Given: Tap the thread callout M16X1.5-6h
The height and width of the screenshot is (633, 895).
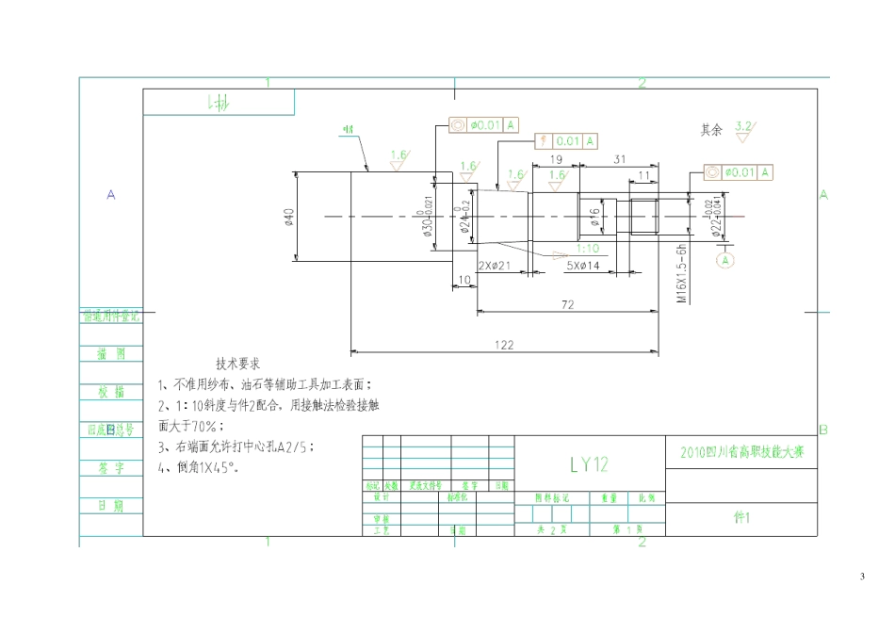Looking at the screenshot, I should (681, 273).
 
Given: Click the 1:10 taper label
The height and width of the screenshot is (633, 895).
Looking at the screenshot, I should (588, 249).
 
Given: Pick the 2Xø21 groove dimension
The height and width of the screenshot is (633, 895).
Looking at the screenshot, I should (495, 266).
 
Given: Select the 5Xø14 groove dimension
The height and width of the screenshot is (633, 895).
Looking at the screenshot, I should (584, 266).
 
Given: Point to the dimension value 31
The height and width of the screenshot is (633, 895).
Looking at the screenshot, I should (620, 159).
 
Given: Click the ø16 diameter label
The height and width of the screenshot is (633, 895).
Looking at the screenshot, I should (595, 218).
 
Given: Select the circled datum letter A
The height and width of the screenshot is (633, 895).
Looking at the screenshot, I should (725, 259).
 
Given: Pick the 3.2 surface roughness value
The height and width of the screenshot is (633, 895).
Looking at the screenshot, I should (742, 125).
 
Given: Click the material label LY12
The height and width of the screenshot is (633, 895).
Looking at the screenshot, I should (589, 463).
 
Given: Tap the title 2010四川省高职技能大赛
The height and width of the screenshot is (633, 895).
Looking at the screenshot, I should (741, 452).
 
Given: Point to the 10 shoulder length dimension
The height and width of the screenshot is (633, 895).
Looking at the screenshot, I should (464, 280).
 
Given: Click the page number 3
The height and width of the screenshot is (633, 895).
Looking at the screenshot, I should (861, 576).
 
